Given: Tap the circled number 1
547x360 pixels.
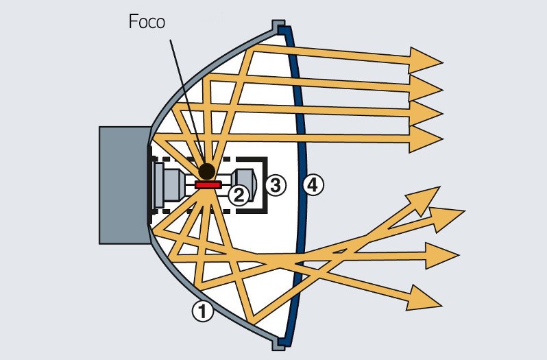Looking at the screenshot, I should coord(202,312).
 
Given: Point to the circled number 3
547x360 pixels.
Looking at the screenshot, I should coord(274,185).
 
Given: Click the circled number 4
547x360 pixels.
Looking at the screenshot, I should coord(313,184).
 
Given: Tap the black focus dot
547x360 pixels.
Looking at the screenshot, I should coord(206,171).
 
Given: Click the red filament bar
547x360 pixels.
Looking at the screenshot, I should coord(207,185).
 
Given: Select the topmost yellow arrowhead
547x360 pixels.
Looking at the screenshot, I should coord(426,60).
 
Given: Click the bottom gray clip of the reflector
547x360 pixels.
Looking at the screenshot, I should coord(279,343).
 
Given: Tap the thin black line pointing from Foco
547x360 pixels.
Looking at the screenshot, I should coord(185,96).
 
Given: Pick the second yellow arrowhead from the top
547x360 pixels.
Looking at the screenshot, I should coord(426,86).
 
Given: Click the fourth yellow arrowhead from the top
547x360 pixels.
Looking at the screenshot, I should coord(426,138).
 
